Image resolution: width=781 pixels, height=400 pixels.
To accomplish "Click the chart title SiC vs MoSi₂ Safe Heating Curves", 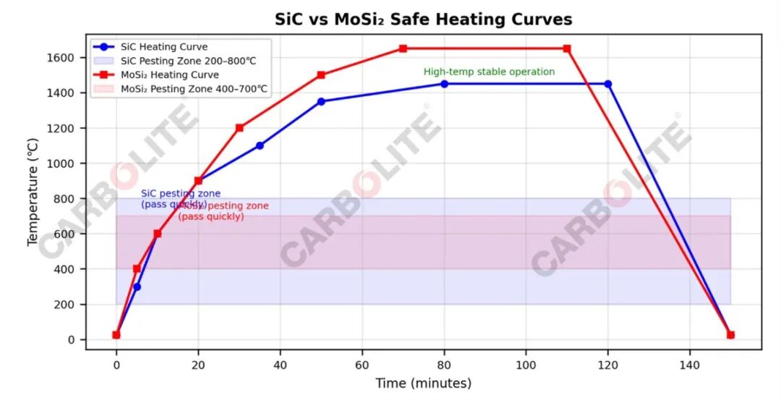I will (423, 20).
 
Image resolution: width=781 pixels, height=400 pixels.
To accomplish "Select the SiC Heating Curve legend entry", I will (164, 47).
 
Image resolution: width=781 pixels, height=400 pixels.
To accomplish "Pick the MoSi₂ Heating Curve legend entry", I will (169, 75).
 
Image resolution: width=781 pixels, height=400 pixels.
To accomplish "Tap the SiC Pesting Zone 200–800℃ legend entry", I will (188, 61).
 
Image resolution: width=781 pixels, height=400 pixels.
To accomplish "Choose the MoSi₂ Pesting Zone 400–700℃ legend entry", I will (194, 89).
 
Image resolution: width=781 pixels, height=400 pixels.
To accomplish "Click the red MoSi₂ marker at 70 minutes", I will (403, 48).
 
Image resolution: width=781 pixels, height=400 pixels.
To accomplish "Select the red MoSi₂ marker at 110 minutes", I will (567, 48).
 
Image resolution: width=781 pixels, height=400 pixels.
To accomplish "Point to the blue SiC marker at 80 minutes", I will (444, 84).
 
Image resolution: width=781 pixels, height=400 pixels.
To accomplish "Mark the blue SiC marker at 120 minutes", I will (608, 84).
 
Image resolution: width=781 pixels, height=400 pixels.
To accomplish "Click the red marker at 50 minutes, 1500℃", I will (321, 75).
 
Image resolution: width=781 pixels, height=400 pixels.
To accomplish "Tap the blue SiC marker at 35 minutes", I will (260, 145).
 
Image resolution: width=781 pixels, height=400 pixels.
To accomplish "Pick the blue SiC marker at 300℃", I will (137, 286).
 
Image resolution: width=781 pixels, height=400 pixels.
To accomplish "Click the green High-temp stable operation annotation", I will (489, 72).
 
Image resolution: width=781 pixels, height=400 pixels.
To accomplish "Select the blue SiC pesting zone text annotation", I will (180, 199).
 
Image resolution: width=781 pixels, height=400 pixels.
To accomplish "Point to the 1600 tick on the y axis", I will (64, 58).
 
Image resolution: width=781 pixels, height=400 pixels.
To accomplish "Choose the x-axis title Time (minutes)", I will (423, 383).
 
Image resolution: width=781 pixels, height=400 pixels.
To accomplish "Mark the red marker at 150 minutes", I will (730, 335).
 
